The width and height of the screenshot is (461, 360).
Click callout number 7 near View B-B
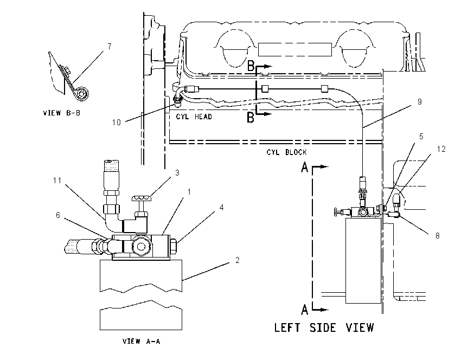click(110, 47)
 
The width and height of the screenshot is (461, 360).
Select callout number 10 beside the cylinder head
click(117, 122)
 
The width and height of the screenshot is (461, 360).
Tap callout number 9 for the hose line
click(420, 102)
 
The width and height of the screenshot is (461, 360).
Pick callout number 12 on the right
click(441, 149)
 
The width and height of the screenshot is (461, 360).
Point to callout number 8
click(438, 236)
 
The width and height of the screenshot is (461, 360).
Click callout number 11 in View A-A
click(57, 180)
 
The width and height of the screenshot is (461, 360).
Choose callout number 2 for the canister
click(237, 260)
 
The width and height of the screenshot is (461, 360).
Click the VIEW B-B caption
click(61, 113)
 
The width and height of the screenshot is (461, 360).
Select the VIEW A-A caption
click(142, 341)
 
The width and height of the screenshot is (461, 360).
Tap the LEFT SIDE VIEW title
click(324, 327)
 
